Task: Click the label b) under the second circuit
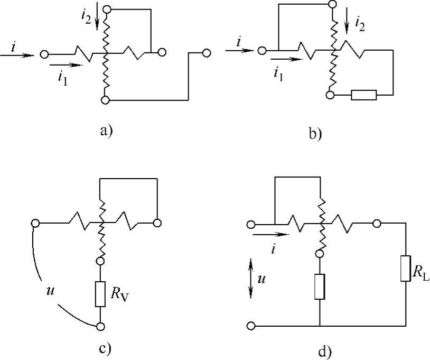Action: pyautogui.click(x=315, y=133)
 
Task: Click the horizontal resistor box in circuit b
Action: pyautogui.click(x=363, y=95)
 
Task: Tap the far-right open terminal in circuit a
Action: pyautogui.click(x=207, y=53)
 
